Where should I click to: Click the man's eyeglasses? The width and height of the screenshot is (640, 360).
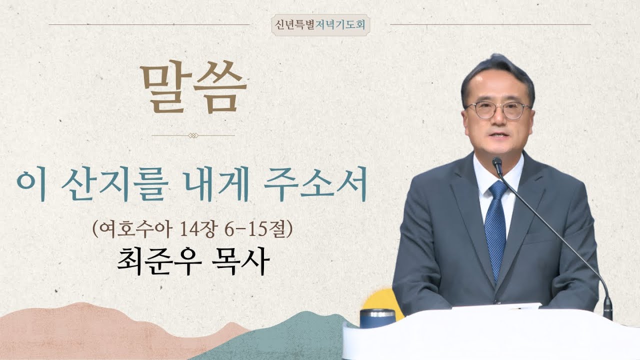497,110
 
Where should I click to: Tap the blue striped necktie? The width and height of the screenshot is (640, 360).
496,225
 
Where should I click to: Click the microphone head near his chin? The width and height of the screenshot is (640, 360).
497,163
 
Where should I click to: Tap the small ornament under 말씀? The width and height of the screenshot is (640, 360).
193,135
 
